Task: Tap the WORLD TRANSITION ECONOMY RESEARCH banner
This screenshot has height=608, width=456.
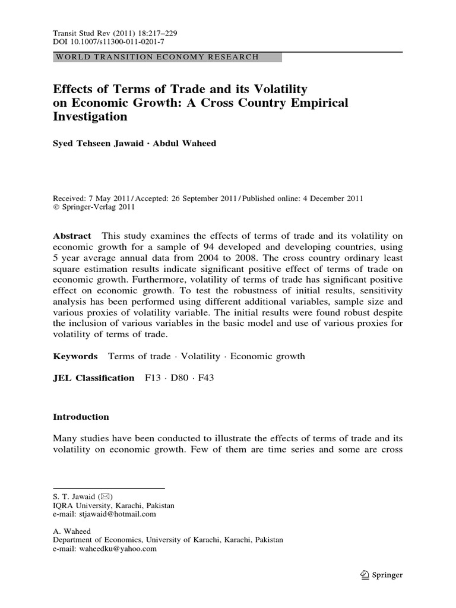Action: click(157, 57)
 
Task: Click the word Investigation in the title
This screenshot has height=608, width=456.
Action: click(90, 117)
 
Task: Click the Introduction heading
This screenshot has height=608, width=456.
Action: click(81, 417)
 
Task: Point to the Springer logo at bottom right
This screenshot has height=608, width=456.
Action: click(382, 575)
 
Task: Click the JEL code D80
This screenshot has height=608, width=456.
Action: click(178, 378)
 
